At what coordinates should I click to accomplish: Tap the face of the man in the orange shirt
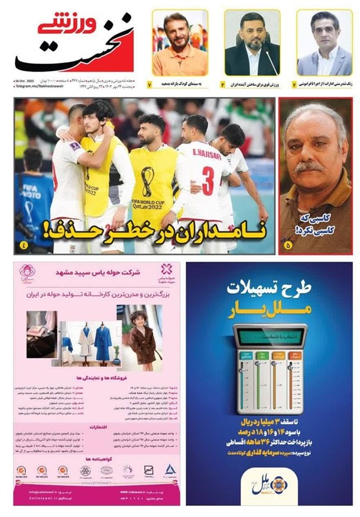[x=176, y=30]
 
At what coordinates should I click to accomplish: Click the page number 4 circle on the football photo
[x=24, y=245]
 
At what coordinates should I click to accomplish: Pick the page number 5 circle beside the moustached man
[x=288, y=245]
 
